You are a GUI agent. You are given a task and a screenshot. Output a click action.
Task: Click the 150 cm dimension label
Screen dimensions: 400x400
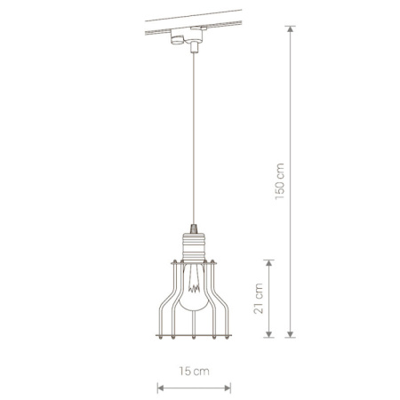[280, 181]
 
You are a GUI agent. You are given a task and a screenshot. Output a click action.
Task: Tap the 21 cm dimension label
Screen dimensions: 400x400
[259, 299]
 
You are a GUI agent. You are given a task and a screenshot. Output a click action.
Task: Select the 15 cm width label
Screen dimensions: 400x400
[194, 371]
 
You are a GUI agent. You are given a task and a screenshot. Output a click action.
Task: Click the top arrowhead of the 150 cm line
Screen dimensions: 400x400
[291, 28]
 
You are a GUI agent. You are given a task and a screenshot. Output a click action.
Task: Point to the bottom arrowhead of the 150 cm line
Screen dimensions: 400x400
[291, 334]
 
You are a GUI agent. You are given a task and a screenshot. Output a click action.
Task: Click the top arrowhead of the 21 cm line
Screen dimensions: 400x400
[268, 263]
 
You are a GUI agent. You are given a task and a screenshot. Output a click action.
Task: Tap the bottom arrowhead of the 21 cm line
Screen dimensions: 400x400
[268, 334]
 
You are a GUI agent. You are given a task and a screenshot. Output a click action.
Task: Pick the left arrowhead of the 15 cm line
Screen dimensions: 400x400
[160, 388]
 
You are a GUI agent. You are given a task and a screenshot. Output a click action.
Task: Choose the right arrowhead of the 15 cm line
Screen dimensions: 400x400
[228, 388]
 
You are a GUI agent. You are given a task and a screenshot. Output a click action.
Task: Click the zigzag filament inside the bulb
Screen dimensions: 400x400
[194, 288]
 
